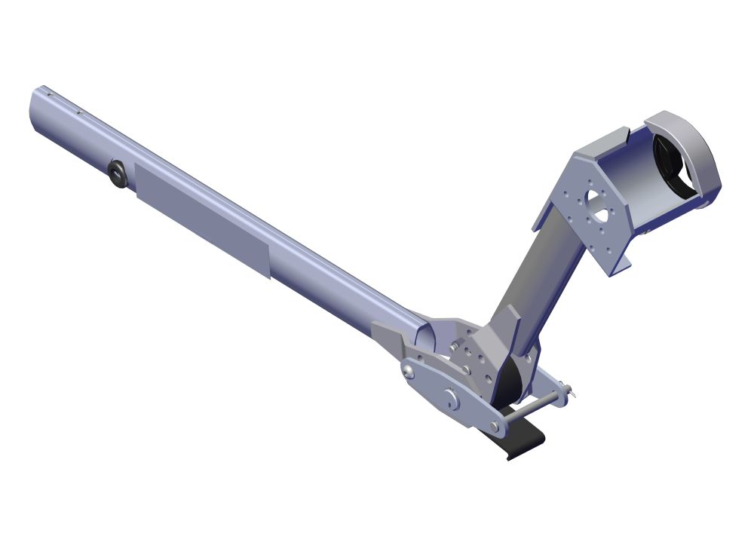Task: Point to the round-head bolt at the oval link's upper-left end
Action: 408,370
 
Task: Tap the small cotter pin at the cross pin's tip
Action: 573,391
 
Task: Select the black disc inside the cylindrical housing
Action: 670,162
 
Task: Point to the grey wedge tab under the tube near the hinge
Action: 388,336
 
